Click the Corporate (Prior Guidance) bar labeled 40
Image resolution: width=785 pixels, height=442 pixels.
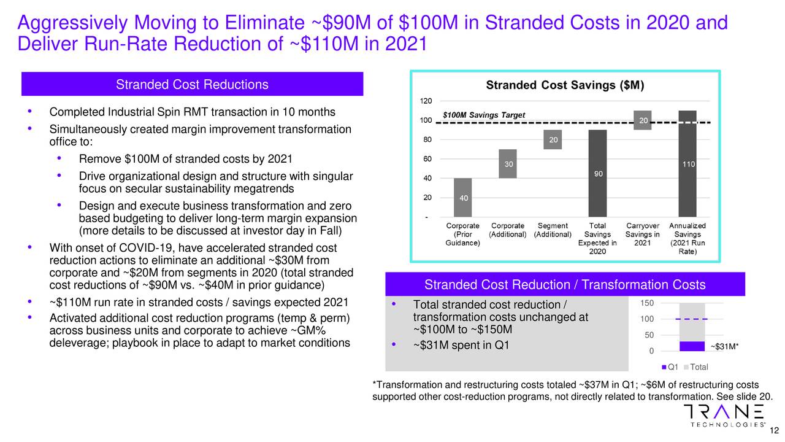(x=464, y=198)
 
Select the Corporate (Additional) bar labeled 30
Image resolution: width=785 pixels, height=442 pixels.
(x=509, y=164)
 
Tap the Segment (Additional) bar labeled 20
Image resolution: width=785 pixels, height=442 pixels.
(x=553, y=140)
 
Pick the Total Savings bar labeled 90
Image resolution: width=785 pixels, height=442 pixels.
(x=598, y=174)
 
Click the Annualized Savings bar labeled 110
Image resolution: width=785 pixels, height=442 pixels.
(x=687, y=164)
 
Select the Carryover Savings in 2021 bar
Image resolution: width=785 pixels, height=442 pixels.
(x=643, y=120)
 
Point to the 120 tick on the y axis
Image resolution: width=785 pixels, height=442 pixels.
(x=425, y=101)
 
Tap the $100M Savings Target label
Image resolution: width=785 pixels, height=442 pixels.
(x=484, y=115)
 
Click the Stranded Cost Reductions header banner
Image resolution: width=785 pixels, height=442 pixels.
(x=192, y=85)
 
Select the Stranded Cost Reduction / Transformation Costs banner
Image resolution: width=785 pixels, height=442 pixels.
(x=564, y=285)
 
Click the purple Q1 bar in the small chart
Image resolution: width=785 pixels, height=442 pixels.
(x=692, y=346)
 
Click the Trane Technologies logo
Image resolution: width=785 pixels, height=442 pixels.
(x=723, y=415)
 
